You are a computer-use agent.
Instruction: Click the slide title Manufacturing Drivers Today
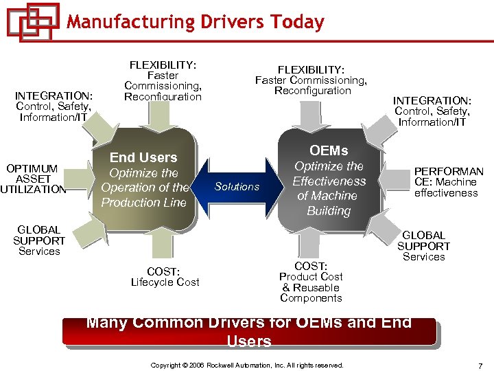pyautogui.click(x=195, y=22)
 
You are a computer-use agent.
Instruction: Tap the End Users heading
pyautogui.click(x=143, y=157)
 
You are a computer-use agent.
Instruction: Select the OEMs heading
pyautogui.click(x=329, y=150)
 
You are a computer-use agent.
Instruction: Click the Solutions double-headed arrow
pyautogui.click(x=237, y=186)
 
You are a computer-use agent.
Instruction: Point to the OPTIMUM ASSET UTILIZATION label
pyautogui.click(x=34, y=179)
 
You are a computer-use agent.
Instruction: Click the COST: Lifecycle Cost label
pyautogui.click(x=165, y=276)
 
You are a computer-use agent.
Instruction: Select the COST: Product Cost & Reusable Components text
pyautogui.click(x=311, y=282)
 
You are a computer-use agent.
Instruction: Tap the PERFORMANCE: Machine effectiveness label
pyautogui.click(x=448, y=182)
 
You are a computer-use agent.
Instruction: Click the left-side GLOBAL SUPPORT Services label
pyautogui.click(x=39, y=240)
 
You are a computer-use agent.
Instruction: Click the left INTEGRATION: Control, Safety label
pyautogui.click(x=54, y=106)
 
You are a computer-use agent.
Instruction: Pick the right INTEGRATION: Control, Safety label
pyautogui.click(x=432, y=111)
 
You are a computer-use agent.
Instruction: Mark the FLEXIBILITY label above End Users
pyautogui.click(x=163, y=80)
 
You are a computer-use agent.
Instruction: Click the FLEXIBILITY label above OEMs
pyautogui.click(x=311, y=80)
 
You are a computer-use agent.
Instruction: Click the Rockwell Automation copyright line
pyautogui.click(x=247, y=365)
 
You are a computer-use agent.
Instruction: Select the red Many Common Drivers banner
pyautogui.click(x=248, y=331)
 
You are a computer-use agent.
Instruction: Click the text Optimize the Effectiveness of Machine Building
pyautogui.click(x=329, y=188)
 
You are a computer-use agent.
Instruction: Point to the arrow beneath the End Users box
pyautogui.click(x=165, y=244)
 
